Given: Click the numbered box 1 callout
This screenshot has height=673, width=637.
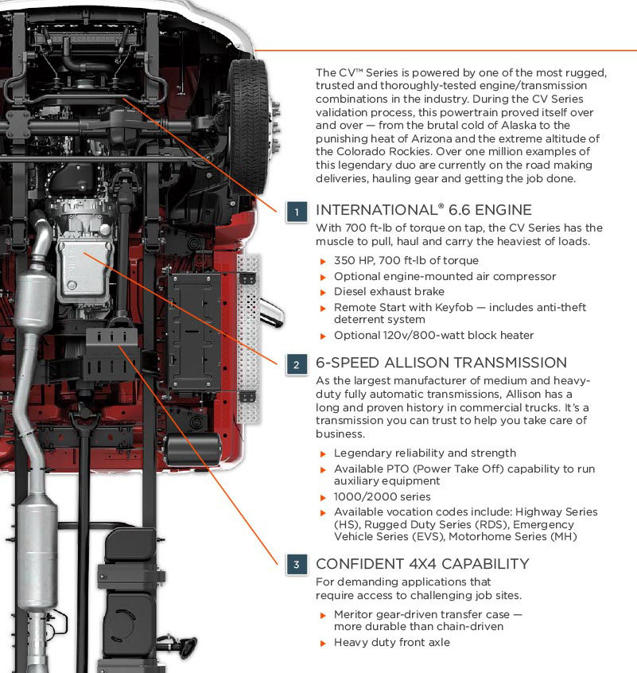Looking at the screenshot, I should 297,212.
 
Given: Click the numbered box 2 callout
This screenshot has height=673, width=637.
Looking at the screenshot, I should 297,364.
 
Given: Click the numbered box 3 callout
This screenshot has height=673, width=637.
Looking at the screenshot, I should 297,565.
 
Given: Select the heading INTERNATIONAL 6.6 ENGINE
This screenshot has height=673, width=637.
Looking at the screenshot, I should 423,210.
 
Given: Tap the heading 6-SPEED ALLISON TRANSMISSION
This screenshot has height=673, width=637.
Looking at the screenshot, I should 441,363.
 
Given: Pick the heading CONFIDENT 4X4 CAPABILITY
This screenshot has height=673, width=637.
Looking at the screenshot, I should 421,564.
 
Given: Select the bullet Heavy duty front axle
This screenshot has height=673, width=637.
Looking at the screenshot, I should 391,642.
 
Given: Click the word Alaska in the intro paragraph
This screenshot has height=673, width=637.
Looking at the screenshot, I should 528,125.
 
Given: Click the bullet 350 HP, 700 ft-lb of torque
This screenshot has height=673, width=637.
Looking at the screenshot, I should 406,261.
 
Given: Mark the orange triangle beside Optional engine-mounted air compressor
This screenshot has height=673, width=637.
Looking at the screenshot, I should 323,277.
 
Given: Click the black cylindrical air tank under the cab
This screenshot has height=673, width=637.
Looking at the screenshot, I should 193,450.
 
